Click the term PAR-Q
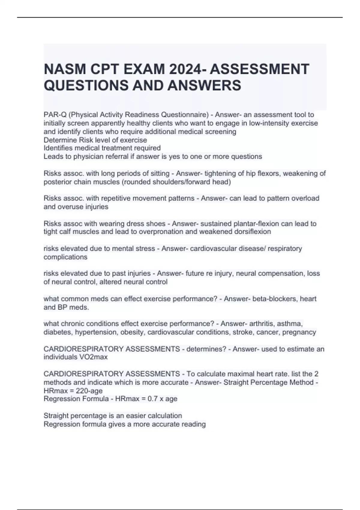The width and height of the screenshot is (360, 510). point(52,115)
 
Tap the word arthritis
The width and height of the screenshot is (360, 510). point(261,324)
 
